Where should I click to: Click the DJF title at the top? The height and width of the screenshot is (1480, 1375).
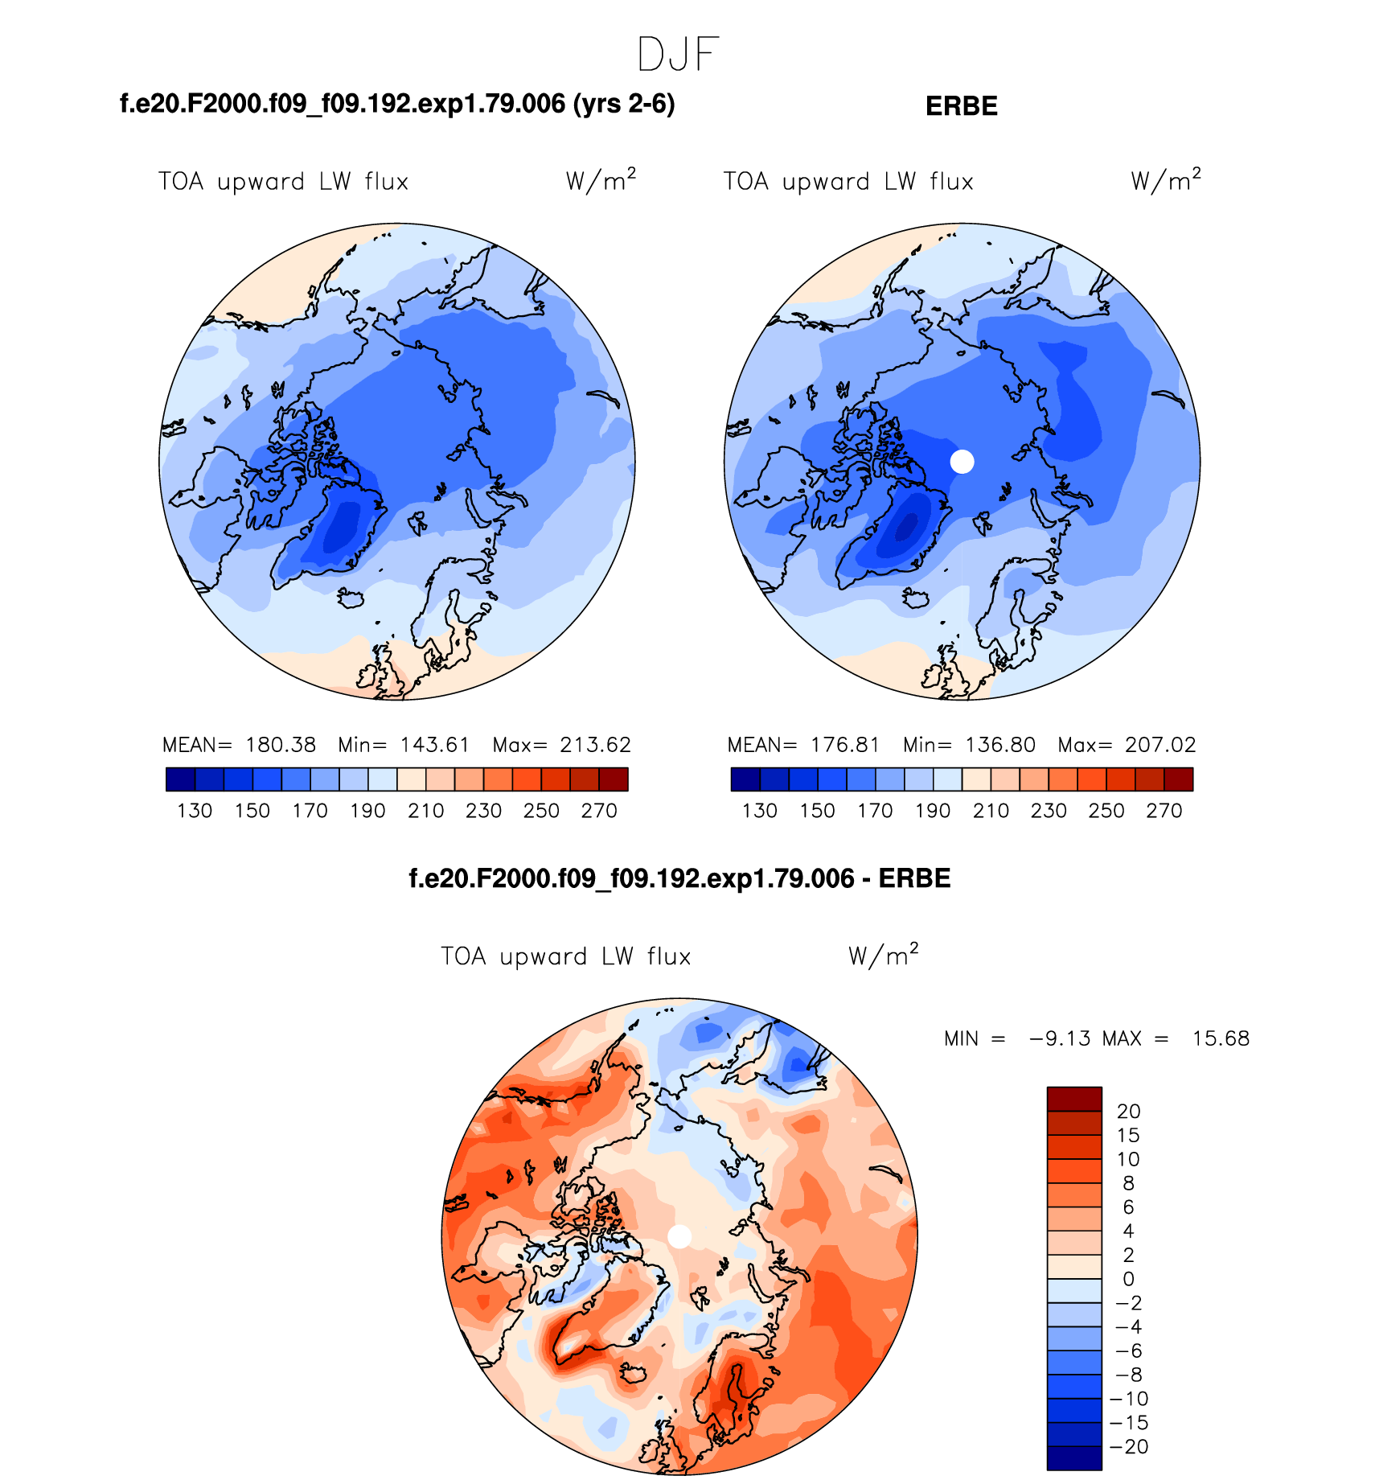pos(677,55)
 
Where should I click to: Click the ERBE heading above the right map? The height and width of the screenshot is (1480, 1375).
pos(961,106)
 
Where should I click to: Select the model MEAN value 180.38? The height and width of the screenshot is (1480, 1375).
pos(281,745)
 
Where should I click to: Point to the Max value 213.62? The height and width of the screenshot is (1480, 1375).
pos(595,745)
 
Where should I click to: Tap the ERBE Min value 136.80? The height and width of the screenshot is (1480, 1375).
pos(999,745)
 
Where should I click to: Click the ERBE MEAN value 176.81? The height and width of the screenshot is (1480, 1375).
pos(845,745)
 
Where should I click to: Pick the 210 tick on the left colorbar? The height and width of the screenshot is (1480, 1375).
pos(425,811)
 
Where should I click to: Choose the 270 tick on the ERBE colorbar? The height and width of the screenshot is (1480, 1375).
pos(1164,811)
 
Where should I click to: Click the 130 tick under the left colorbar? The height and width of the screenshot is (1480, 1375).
pos(194,811)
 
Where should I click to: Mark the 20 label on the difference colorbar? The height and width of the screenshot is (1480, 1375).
pos(1128,1112)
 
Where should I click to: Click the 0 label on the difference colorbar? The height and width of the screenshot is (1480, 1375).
pos(1128,1279)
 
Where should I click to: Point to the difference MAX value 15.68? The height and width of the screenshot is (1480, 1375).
pos(1221,1038)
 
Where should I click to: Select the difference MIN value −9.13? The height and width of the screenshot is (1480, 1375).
pos(1060,1038)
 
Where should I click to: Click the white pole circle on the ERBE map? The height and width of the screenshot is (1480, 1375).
pos(962,462)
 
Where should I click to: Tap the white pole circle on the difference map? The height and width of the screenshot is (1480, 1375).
pos(679,1237)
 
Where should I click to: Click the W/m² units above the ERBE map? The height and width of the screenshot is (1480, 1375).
pos(1165,180)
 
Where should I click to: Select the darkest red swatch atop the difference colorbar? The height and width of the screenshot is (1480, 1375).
pos(1073,1099)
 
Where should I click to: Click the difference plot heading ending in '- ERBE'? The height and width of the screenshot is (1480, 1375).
pos(679,878)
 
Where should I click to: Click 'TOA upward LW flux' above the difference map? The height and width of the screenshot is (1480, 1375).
pos(565,956)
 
